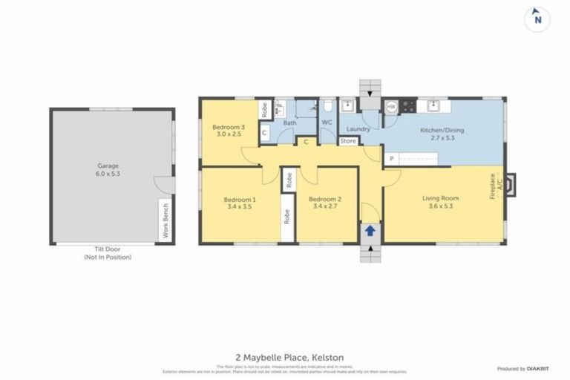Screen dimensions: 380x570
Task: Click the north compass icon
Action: [x=537, y=19]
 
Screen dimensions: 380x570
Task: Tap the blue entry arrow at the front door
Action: [x=370, y=232]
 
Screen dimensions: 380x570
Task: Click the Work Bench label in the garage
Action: [x=166, y=220]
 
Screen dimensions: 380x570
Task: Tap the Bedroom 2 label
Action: [x=324, y=199]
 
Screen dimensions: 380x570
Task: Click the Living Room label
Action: [x=440, y=198]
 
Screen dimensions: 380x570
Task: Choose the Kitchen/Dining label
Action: [x=442, y=130]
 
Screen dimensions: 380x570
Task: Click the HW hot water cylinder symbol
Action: [x=390, y=107]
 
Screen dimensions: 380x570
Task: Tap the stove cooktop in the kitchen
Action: [x=407, y=107]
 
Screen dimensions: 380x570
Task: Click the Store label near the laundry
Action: [x=348, y=140]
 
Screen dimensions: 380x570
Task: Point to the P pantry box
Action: [x=391, y=158]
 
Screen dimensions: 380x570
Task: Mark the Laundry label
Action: [x=358, y=128]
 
